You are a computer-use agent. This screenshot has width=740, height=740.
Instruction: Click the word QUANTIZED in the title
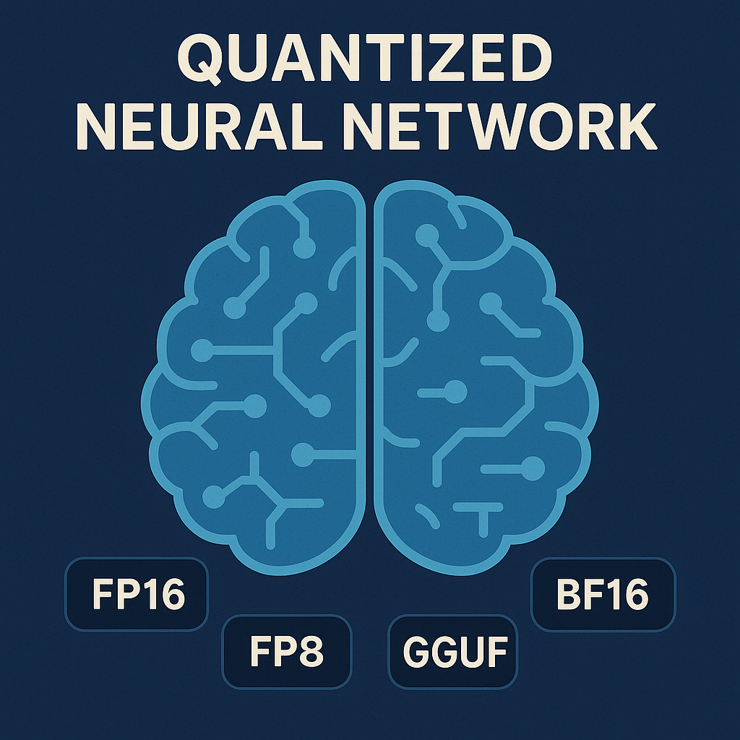pyautogui.click(x=364, y=59)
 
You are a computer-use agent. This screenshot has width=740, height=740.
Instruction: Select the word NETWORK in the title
pyautogui.click(x=500, y=126)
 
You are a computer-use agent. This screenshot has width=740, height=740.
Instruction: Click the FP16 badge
pyautogui.click(x=137, y=594)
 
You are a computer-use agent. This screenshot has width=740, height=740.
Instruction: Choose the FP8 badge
pyautogui.click(x=287, y=651)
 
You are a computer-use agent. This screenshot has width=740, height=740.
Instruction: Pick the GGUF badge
pyautogui.click(x=453, y=651)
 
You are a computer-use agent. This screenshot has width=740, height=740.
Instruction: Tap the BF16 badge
pyautogui.click(x=603, y=594)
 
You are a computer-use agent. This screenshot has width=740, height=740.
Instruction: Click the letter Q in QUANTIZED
pyautogui.click(x=199, y=60)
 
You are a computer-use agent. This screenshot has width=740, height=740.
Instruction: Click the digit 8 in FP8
pyautogui.click(x=311, y=651)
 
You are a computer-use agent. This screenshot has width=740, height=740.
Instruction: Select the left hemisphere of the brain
pyautogui.click(x=254, y=377)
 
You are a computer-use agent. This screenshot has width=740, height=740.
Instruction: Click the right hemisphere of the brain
pyautogui.click(x=486, y=377)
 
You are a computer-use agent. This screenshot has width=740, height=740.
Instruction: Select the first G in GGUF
pyautogui.click(x=416, y=651)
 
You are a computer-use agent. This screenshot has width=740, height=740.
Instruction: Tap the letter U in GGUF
pyautogui.click(x=469, y=651)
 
